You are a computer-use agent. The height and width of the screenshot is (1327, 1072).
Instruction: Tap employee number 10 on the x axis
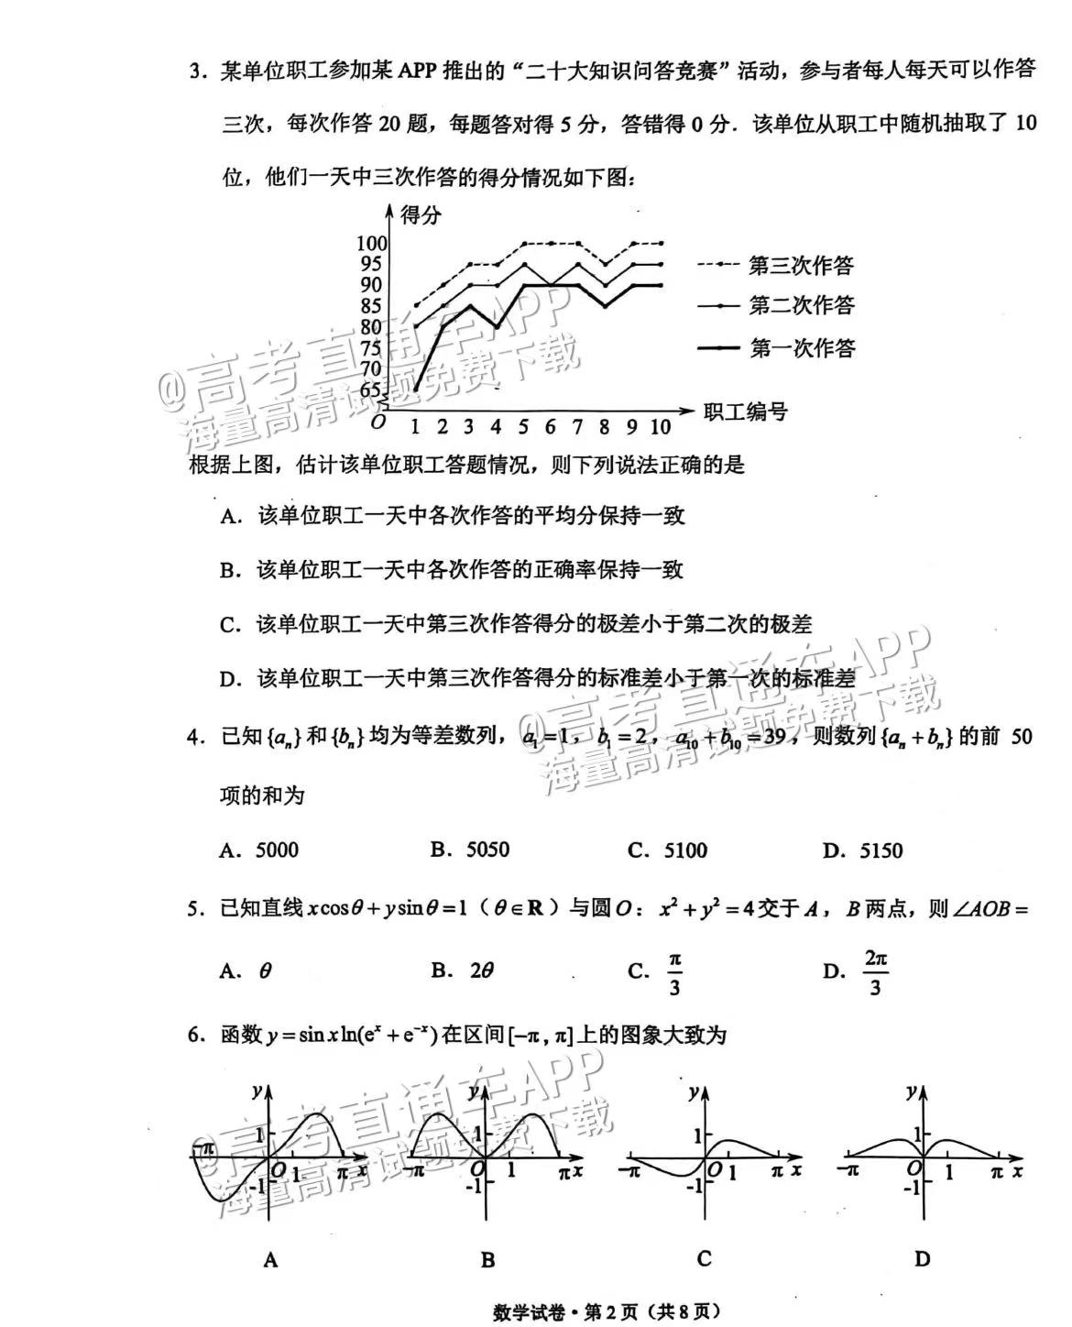[660, 427]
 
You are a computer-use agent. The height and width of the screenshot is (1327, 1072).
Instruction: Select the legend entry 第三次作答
[801, 266]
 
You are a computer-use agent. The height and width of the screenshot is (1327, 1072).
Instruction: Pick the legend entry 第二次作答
[801, 305]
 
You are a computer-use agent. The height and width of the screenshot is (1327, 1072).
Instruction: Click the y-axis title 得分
[421, 215]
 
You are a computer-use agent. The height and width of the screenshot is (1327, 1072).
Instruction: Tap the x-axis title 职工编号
[746, 411]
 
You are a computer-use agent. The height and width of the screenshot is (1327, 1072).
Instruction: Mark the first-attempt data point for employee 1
[415, 389]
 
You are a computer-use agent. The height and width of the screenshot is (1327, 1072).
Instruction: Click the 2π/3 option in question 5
[876, 972]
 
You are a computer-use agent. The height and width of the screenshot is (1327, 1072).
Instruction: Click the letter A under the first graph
[270, 1260]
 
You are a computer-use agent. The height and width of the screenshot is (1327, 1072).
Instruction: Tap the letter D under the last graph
[922, 1259]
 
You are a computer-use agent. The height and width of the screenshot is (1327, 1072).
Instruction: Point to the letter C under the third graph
[704, 1258]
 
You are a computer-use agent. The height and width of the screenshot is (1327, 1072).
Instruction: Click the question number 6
[194, 1036]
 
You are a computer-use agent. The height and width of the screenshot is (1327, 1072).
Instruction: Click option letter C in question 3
[229, 625]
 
